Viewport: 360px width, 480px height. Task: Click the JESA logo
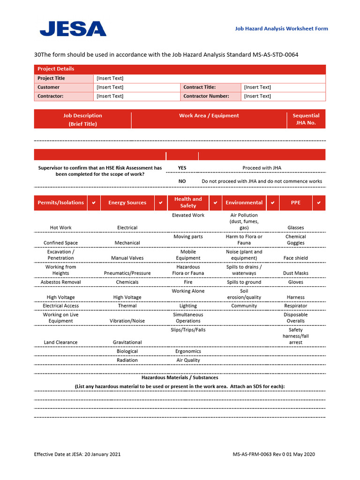pyautogui.click(x=73, y=29)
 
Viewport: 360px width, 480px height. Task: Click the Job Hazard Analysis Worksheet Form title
pyautogui.click(x=281, y=29)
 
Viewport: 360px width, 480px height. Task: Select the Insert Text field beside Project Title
pyautogui.click(x=110, y=78)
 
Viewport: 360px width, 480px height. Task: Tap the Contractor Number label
pyautogui.click(x=206, y=96)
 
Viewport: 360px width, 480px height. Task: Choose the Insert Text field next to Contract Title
pyautogui.click(x=257, y=87)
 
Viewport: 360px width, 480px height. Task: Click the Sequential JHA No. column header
pyautogui.click(x=306, y=119)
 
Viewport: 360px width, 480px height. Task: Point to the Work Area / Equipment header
pyautogui.click(x=209, y=115)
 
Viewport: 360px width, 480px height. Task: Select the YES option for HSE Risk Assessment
pyautogui.click(x=182, y=167)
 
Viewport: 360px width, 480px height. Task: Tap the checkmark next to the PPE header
pyautogui.click(x=319, y=202)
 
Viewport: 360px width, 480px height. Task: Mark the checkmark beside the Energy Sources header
pyautogui.click(x=160, y=202)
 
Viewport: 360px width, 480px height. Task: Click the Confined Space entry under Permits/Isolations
pyautogui.click(x=60, y=243)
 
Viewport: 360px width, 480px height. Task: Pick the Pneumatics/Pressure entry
pyautogui.click(x=127, y=273)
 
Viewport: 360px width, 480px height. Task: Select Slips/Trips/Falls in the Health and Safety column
pyautogui.click(x=188, y=330)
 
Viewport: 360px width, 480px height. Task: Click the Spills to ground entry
pyautogui.click(x=244, y=282)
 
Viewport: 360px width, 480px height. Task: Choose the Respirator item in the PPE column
pyautogui.click(x=295, y=306)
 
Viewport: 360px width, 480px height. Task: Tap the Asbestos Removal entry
pyautogui.click(x=60, y=282)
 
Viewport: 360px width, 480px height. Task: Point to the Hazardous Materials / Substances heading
pyautogui.click(x=180, y=377)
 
